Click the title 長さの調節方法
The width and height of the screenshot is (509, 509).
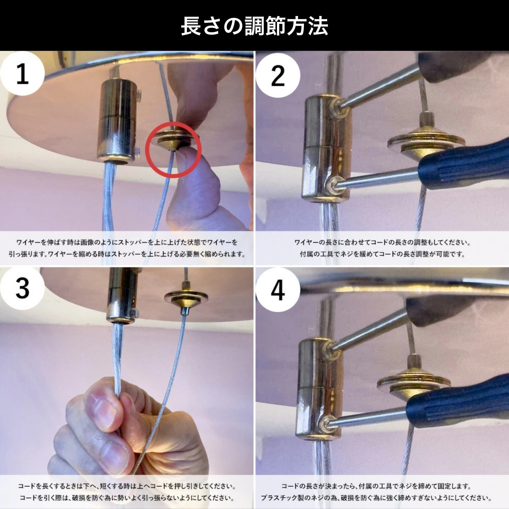point(254,26)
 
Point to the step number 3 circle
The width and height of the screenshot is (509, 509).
point(22,289)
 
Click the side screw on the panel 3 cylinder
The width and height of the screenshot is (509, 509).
point(136,313)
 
